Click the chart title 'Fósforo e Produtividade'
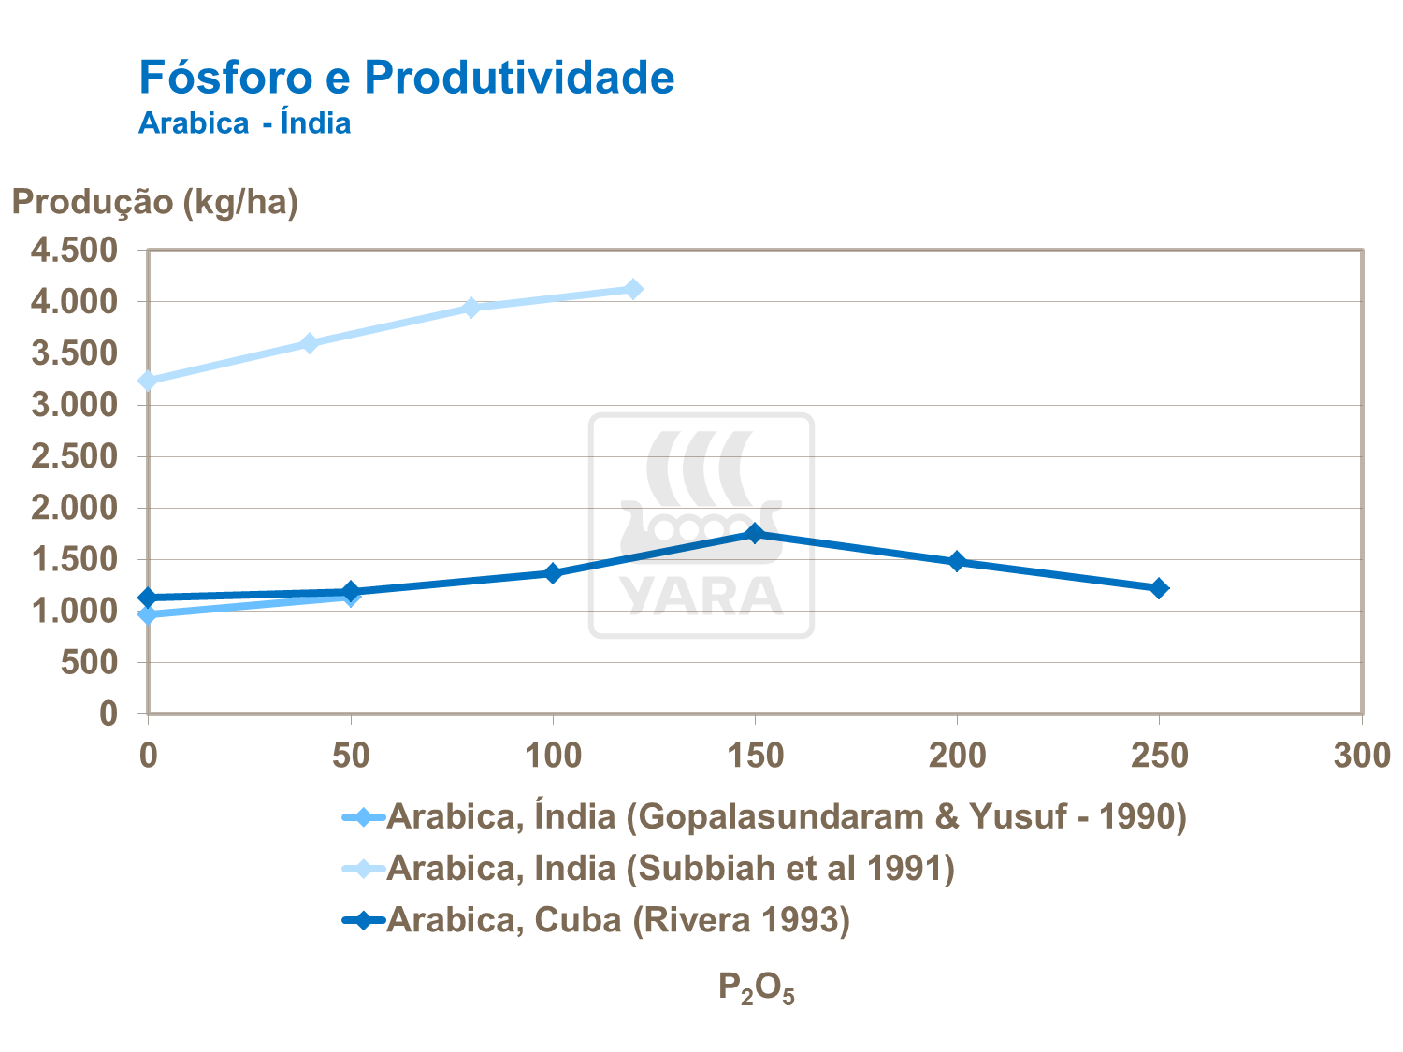tap(406, 77)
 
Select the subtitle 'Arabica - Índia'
tap(244, 123)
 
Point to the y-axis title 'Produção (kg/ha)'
tap(154, 201)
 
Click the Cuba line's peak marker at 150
tap(755, 533)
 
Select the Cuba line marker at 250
tap(1159, 588)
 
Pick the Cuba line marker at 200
tap(957, 561)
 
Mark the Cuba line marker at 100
tap(553, 573)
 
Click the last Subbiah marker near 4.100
tap(633, 289)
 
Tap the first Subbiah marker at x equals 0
tap(148, 381)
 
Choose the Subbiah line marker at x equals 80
tap(471, 308)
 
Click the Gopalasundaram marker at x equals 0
tap(148, 614)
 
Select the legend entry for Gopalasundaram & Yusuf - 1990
tap(786, 817)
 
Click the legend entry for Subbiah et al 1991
tap(670, 869)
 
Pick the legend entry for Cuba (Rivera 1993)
tap(617, 920)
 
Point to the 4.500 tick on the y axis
tap(75, 251)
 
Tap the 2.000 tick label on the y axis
tap(75, 508)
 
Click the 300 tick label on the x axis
tap(1362, 756)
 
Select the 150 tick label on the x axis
tap(755, 756)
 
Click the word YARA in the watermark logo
tap(701, 596)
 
